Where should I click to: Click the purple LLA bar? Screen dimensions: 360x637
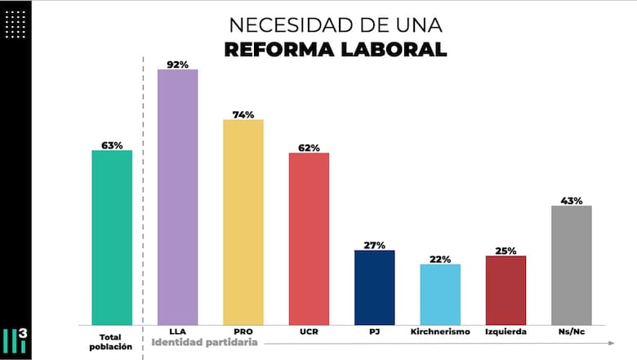point(177,197)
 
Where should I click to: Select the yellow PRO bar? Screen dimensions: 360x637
point(243,222)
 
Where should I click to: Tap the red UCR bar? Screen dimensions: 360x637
point(309,238)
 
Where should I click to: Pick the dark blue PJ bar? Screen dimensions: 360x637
point(374,287)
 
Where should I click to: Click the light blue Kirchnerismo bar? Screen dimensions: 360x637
point(440,294)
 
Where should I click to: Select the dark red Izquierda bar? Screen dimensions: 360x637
point(506,290)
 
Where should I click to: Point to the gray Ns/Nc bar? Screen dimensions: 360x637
point(572,264)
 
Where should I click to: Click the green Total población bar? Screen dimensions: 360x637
point(112,238)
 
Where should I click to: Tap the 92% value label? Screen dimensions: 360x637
point(178,64)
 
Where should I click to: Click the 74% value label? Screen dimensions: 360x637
point(243,114)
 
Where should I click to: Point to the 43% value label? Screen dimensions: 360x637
point(572,200)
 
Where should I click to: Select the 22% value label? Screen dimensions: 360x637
point(440,259)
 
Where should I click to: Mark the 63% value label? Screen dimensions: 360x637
point(112,145)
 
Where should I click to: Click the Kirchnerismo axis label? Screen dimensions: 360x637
point(440,332)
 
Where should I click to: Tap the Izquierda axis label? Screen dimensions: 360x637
point(506,332)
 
